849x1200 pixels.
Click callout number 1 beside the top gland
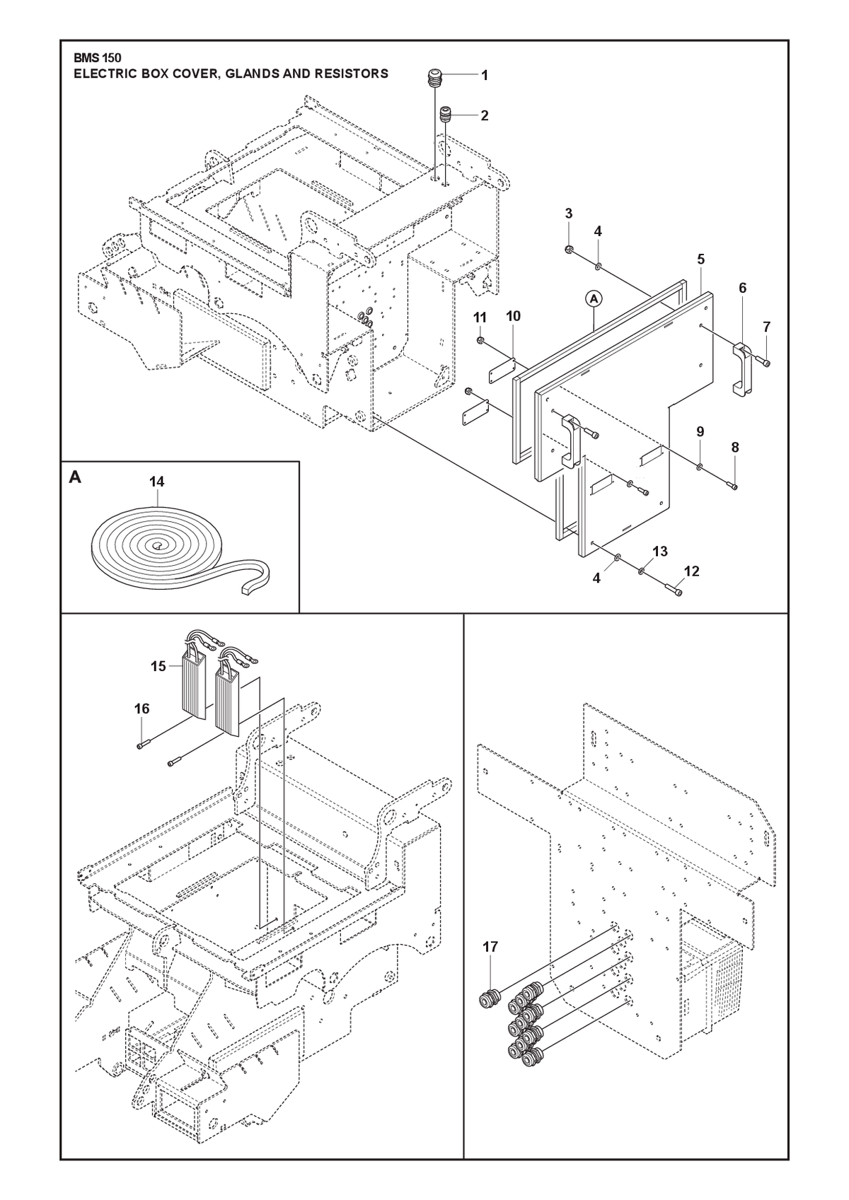(485, 76)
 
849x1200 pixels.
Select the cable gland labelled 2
(444, 115)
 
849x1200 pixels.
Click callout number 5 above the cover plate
(701, 260)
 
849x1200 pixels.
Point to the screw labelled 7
(766, 363)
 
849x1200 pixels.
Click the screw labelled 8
(733, 486)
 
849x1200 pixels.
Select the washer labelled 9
(700, 468)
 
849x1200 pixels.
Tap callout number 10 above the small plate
(513, 316)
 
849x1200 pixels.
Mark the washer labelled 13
(641, 571)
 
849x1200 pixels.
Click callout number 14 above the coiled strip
(156, 482)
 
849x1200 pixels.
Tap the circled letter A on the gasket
(594, 299)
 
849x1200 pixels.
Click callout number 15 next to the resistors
(158, 666)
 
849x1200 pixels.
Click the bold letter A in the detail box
(75, 477)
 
